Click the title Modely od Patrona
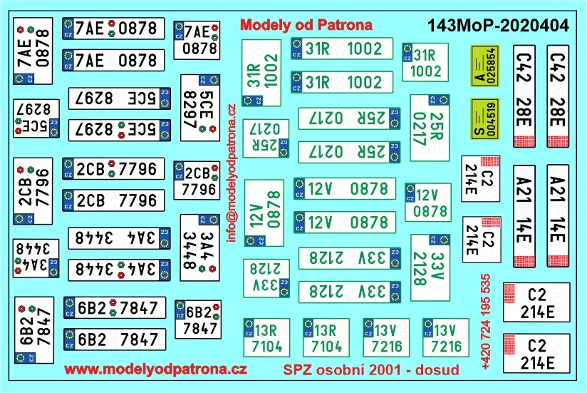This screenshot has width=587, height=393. click(307, 24)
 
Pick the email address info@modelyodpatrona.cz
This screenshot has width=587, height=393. click(232, 172)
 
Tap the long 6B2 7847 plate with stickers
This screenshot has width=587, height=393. click(114, 308)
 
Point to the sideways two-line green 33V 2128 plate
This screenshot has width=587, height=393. click(430, 265)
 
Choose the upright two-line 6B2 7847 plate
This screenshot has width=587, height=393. click(197, 318)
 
